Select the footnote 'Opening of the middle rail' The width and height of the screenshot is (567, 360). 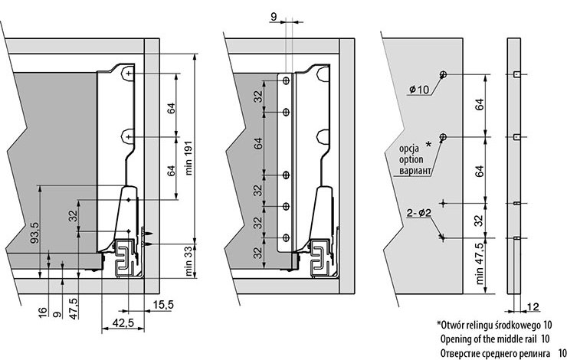pyautogui.click(x=495, y=338)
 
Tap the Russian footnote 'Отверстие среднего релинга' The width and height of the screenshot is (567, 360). pyautogui.click(x=498, y=352)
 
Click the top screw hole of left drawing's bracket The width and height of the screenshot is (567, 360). pyautogui.click(x=129, y=73)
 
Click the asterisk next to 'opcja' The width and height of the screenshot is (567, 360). pyautogui.click(x=428, y=144)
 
